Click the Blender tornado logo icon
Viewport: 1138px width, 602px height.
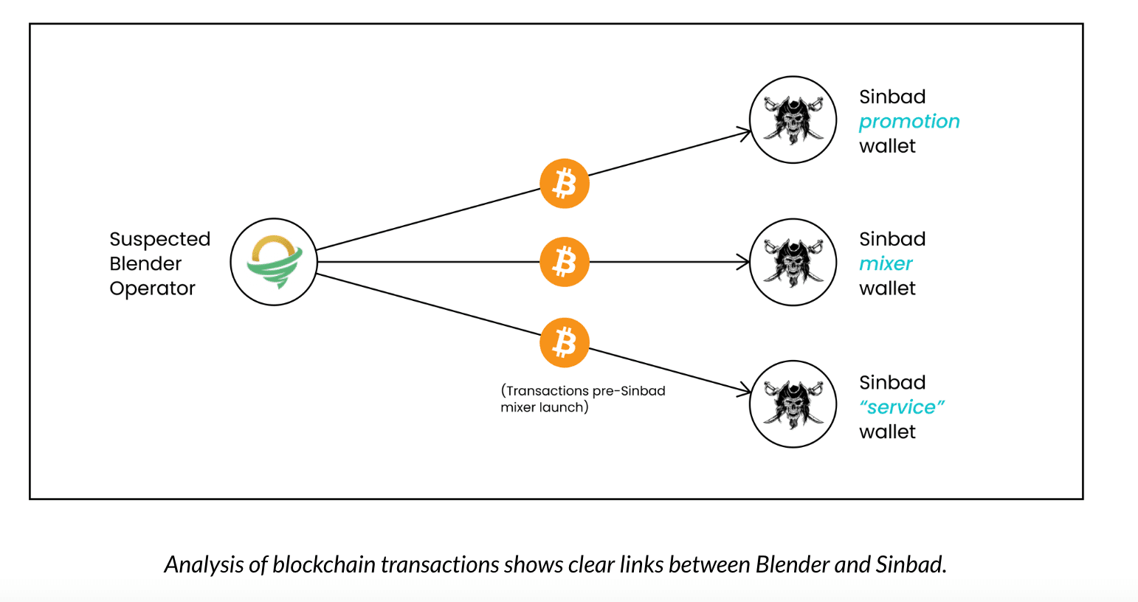(x=274, y=262)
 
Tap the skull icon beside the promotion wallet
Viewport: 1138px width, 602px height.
(x=793, y=120)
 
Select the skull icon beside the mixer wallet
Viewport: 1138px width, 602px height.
(x=793, y=262)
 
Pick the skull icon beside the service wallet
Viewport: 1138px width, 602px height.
(x=793, y=404)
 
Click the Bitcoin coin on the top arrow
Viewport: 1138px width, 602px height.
(x=565, y=183)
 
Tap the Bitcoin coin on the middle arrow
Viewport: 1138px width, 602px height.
(x=565, y=262)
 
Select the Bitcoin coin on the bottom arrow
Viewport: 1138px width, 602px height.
(x=565, y=342)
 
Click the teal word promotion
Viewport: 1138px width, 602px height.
(x=909, y=121)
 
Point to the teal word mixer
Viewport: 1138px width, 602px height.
(x=886, y=263)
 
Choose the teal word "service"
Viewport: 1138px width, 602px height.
(x=902, y=407)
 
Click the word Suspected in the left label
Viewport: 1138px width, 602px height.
(x=160, y=239)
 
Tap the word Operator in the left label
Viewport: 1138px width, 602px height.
(x=152, y=288)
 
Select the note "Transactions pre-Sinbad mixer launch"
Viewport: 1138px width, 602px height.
(x=582, y=398)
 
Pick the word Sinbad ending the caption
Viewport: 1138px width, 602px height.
(x=910, y=564)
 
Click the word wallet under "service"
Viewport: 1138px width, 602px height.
(x=887, y=432)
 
